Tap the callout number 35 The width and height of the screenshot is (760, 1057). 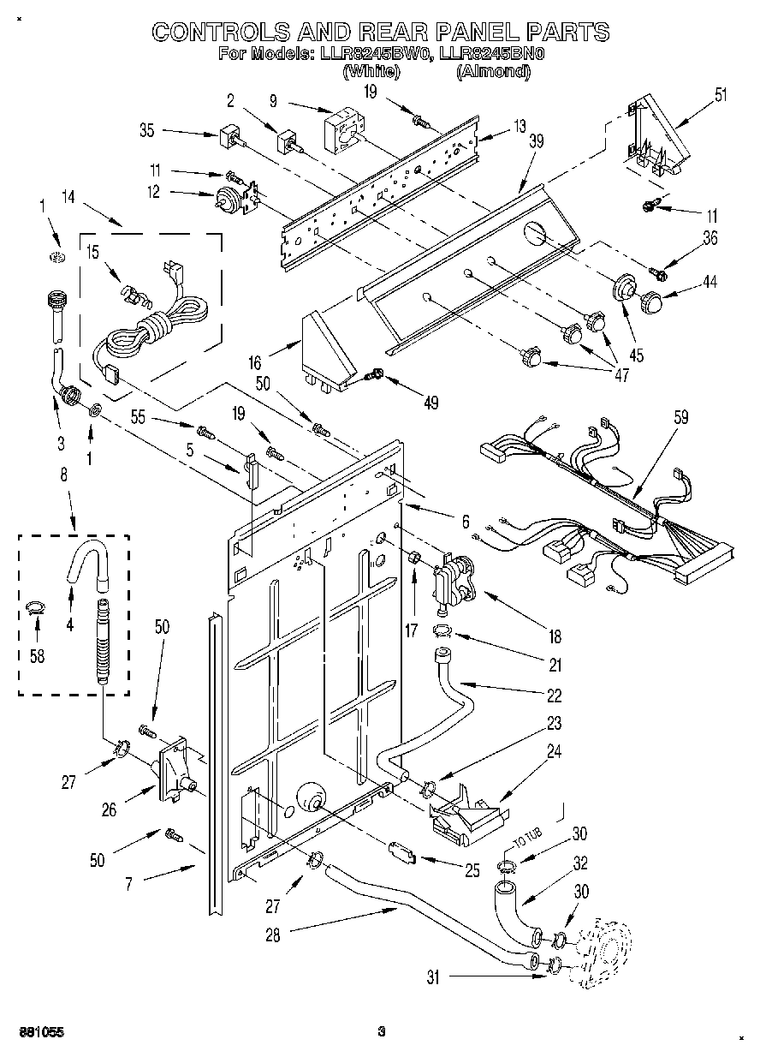click(x=146, y=131)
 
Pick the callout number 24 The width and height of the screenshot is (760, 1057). click(x=554, y=751)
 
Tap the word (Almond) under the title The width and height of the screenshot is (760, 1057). click(x=493, y=72)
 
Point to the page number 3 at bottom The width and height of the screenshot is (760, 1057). click(x=382, y=1032)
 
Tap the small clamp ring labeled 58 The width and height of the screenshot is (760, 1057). click(x=35, y=609)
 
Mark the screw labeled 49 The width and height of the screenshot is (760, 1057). click(x=374, y=374)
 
